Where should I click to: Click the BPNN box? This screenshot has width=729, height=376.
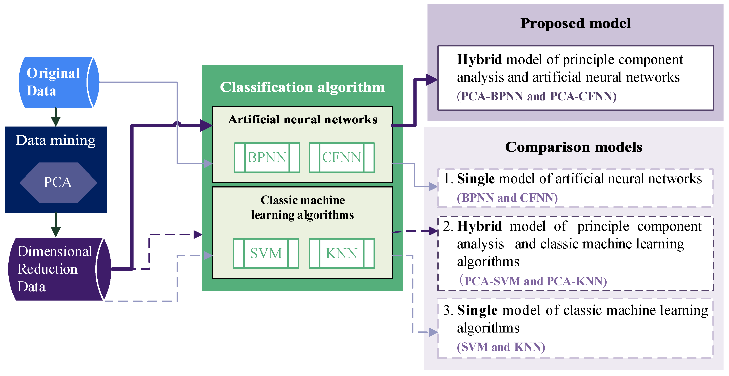point(267,158)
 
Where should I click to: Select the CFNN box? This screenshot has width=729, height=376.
point(342,158)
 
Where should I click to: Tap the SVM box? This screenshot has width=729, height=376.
point(266,253)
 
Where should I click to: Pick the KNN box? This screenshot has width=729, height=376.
point(342,253)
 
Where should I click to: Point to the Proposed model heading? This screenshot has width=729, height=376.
point(575,23)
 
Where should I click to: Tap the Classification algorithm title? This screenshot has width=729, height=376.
point(302,87)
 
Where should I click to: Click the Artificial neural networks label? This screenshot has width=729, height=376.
point(302,120)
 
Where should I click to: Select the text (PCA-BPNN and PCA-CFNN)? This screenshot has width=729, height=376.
point(536,96)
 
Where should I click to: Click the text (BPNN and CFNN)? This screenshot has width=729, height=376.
point(507,198)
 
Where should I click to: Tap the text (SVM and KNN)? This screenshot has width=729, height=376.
point(501,347)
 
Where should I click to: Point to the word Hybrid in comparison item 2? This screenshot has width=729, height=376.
point(479,226)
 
